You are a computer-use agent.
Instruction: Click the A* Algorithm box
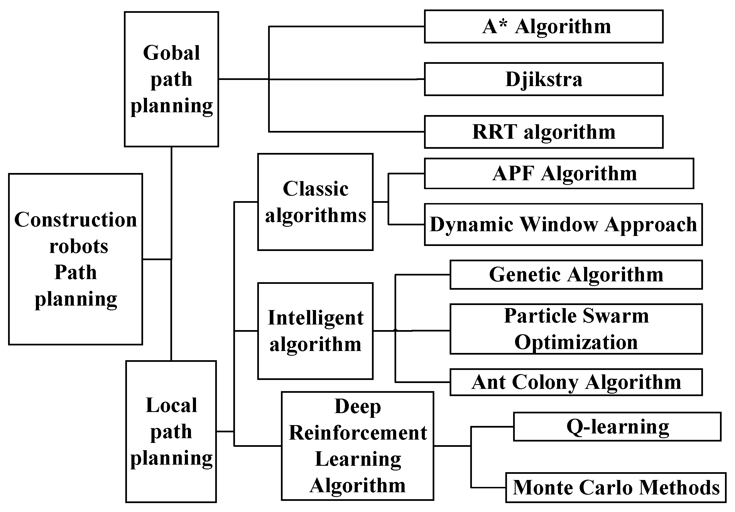[x=543, y=26]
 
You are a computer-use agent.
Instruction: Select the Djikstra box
[x=543, y=79]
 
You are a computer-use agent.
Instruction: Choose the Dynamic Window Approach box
[x=563, y=225]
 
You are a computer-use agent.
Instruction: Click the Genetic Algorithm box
[x=576, y=275]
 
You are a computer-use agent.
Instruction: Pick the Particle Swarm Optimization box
[x=576, y=329]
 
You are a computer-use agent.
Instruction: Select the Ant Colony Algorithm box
[x=576, y=382]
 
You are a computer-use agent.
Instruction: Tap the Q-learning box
[x=617, y=426]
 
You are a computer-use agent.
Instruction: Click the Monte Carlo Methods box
[x=616, y=487]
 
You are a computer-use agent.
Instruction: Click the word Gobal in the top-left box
[x=171, y=53]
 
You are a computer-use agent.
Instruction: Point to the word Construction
[x=75, y=220]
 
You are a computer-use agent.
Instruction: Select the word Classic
[x=315, y=189]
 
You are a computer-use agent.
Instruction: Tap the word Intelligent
[x=315, y=318]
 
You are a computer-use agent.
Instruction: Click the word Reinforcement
[x=357, y=433]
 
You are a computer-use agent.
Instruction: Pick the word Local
[x=171, y=405]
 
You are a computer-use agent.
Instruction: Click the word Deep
[x=357, y=407]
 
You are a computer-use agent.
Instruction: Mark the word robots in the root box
[x=79, y=247]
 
